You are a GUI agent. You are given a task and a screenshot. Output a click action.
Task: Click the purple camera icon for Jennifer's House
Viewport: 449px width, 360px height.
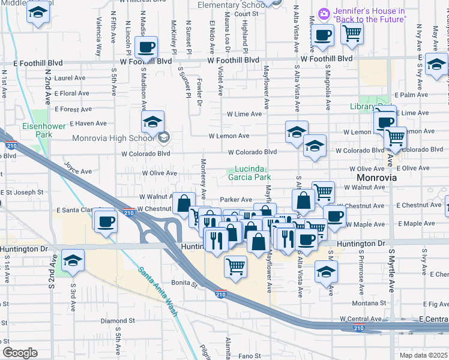point(324,13)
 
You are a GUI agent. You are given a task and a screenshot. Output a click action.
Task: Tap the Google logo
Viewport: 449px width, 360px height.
point(20,352)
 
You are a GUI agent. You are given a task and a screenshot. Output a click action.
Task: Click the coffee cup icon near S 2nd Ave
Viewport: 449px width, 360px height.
point(106,221)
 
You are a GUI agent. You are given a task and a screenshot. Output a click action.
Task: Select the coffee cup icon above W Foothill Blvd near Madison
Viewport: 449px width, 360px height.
point(146,47)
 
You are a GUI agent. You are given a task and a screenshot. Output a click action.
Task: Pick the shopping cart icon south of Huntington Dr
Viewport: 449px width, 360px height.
point(236,265)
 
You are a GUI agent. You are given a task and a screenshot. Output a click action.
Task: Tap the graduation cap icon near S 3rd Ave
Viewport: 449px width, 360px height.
point(73,260)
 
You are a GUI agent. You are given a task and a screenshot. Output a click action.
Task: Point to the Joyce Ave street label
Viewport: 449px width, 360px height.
point(77,168)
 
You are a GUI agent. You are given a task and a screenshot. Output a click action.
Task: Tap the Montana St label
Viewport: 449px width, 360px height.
point(364,304)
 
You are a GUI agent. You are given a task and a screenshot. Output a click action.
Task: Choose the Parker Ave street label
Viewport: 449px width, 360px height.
point(236,199)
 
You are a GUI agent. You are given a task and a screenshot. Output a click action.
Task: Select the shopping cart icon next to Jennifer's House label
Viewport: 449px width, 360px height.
point(352,34)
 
